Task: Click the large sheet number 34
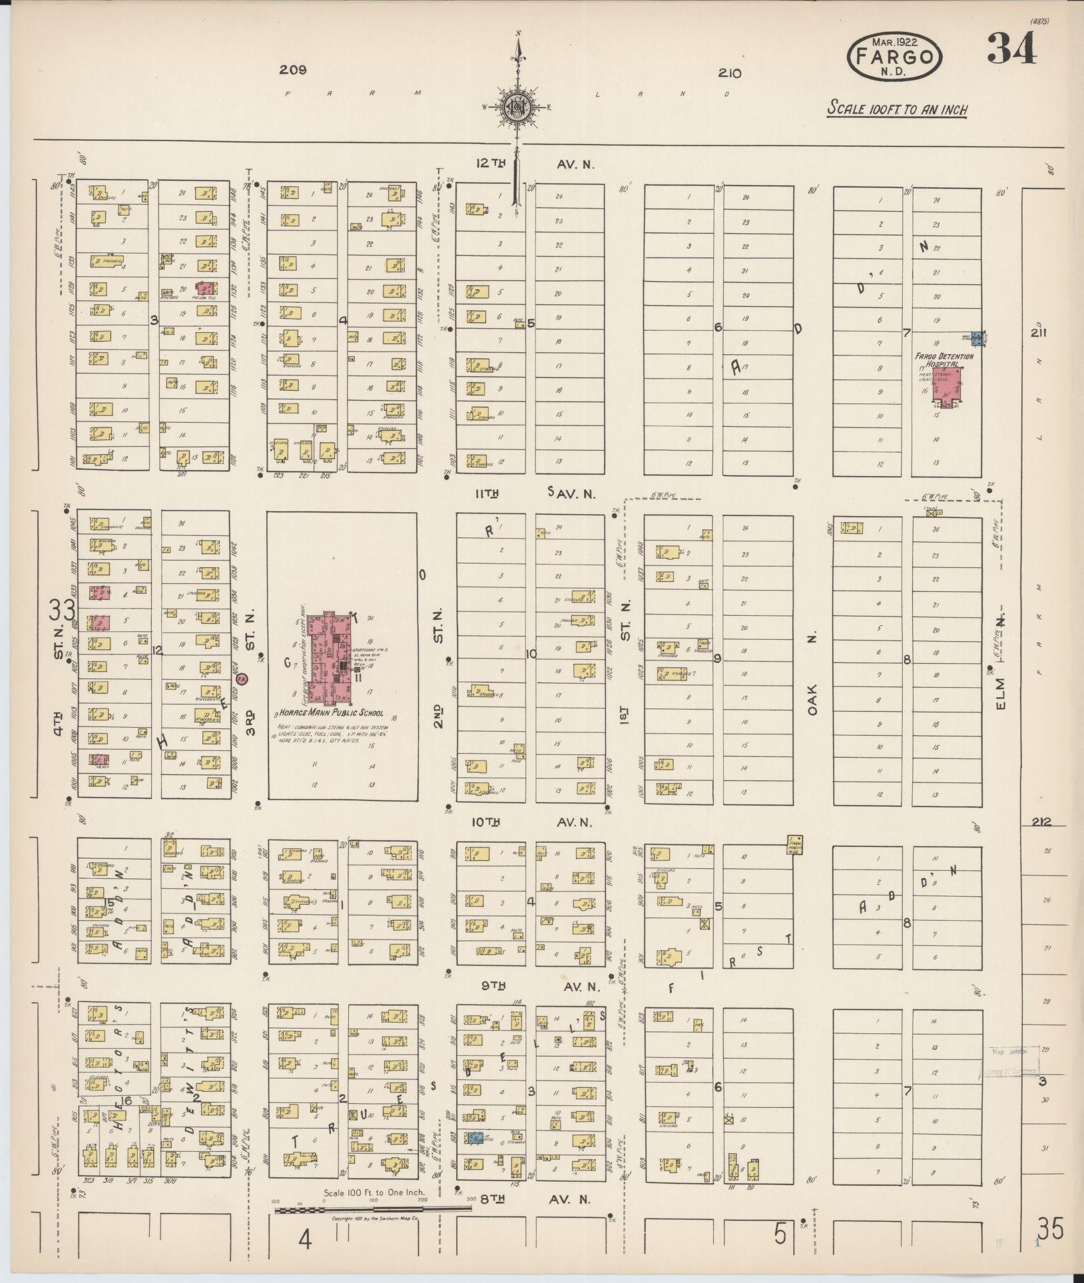1011,49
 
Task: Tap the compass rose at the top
517,107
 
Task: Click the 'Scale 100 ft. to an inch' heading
897,109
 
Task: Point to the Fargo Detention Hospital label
944,360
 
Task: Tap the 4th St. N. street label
59,686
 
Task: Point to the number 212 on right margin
1041,822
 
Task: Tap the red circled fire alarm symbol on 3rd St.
242,678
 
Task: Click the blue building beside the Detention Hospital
976,338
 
